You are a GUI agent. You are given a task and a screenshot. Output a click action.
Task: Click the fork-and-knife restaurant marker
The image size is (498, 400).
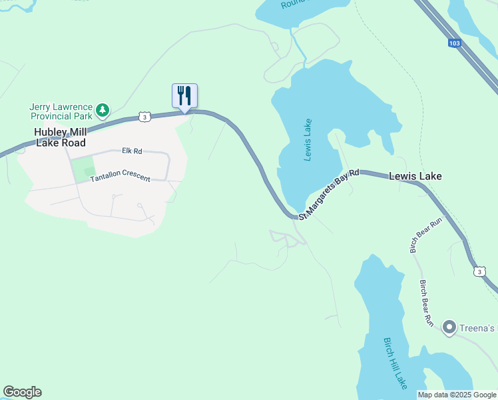pyautogui.click(x=185, y=95)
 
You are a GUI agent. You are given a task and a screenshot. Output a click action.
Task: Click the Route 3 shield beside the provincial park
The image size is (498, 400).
pyautogui.click(x=145, y=116)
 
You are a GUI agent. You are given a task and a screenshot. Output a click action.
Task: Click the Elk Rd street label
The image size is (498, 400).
pyautogui.click(x=132, y=151)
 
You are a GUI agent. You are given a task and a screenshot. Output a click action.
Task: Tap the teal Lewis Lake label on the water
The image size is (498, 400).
pyautogui.click(x=308, y=140)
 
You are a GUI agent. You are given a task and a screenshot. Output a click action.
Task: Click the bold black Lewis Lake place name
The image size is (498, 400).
pyautogui.click(x=415, y=177)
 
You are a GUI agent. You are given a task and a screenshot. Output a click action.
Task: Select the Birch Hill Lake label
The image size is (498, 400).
pyautogui.click(x=395, y=363)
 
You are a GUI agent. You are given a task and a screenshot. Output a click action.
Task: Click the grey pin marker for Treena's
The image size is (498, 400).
pyautogui.click(x=449, y=327)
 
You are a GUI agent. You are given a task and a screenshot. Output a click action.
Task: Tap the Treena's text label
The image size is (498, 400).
pyautogui.click(x=479, y=328)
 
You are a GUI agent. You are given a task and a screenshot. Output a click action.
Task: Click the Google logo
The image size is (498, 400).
pyautogui.click(x=22, y=392)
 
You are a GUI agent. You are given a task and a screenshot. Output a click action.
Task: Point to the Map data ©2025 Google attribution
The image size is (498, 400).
pyautogui.click(x=457, y=395)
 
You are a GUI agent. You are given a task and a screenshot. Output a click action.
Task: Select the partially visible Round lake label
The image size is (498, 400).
pyautogui.click(x=292, y=4)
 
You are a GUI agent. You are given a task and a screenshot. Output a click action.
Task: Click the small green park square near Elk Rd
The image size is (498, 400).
pyautogui.click(x=83, y=169)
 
